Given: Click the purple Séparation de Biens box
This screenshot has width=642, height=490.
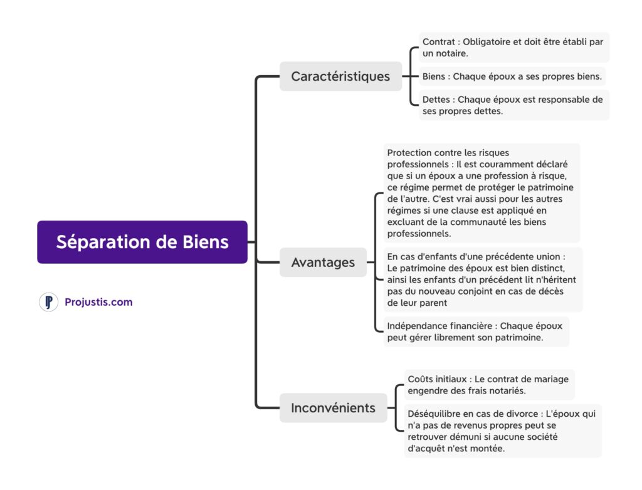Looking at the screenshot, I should [x=142, y=242].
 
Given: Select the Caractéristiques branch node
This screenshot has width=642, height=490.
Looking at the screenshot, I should [x=340, y=76].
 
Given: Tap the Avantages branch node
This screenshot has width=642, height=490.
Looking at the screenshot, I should [x=323, y=263].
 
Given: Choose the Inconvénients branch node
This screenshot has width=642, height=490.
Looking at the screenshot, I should [x=333, y=408].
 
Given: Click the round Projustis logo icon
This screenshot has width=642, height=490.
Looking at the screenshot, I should [x=48, y=302].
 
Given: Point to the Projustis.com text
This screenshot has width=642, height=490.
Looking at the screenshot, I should [x=98, y=302].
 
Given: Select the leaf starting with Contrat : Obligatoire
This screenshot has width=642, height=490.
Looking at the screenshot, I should [x=513, y=48].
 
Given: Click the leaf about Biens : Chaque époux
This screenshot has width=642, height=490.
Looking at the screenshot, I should [x=512, y=76].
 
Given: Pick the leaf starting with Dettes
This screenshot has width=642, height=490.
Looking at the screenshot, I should [x=513, y=105].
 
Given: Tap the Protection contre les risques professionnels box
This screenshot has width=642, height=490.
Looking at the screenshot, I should [x=481, y=193].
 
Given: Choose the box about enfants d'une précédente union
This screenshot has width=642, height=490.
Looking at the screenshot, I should [x=482, y=279].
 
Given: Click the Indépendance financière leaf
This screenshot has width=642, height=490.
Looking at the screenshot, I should [x=475, y=331].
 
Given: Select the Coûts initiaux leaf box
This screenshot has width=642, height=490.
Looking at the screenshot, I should [x=488, y=385].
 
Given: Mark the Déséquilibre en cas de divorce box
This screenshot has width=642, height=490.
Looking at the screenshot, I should [x=502, y=431].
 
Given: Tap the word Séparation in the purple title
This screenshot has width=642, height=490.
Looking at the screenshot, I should [x=105, y=242].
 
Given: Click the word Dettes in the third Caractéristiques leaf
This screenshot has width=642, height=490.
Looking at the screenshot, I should [x=437, y=99].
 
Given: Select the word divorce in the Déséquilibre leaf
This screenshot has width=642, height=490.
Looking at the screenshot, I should [x=524, y=414].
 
